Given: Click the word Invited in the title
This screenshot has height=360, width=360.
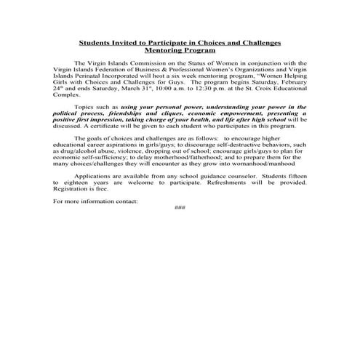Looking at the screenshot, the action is coord(138,44).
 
